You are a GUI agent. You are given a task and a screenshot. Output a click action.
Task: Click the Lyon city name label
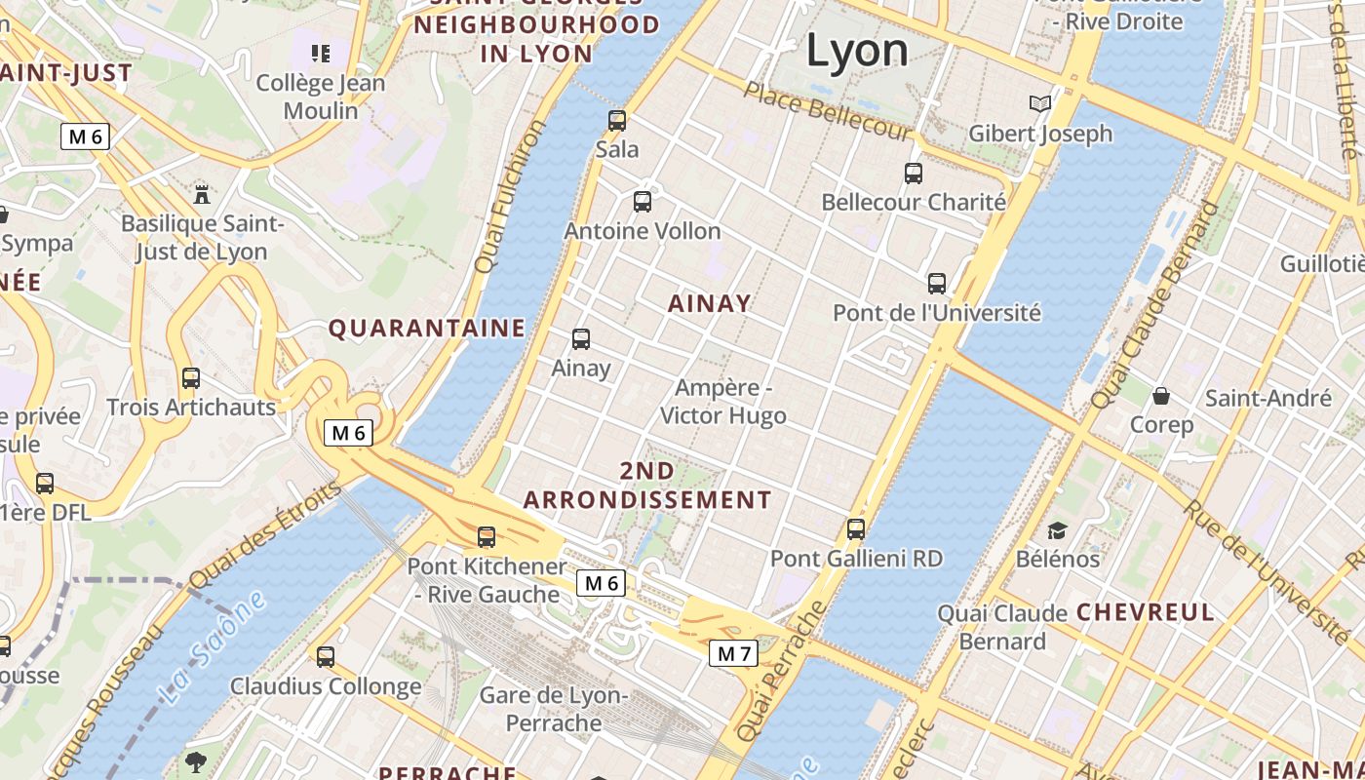(857, 51)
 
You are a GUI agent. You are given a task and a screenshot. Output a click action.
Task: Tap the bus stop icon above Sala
(616, 121)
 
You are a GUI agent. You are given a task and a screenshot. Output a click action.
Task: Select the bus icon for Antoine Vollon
(642, 202)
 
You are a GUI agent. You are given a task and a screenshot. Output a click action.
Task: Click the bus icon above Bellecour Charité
(913, 174)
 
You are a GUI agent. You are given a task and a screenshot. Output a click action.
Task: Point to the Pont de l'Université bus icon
(936, 284)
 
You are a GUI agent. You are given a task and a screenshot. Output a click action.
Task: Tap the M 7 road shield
(733, 653)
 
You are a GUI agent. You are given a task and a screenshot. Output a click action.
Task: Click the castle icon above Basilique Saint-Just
(202, 193)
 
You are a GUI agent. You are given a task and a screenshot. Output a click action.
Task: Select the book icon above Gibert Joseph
(1040, 103)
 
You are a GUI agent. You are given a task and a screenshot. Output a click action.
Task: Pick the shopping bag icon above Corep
(1160, 396)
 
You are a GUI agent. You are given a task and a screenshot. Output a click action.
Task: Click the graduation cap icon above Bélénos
(1057, 530)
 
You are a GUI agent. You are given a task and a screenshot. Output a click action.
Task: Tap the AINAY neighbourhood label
(710, 303)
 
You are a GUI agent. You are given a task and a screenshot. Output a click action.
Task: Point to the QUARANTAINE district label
(426, 328)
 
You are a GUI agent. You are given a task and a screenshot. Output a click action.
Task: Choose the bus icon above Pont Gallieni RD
(855, 529)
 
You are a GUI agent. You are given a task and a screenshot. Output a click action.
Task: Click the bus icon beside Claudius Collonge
(325, 657)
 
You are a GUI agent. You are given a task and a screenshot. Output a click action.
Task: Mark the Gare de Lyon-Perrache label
(554, 709)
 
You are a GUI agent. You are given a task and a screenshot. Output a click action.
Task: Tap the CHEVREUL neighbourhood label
(1146, 612)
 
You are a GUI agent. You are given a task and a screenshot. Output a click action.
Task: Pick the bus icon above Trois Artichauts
(190, 378)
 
